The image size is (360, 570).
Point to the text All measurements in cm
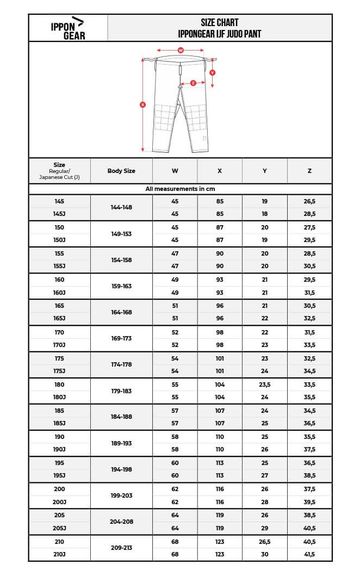(180, 188)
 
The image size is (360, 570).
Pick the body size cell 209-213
(122, 547)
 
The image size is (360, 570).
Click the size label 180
(46, 384)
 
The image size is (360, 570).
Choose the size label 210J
(46, 554)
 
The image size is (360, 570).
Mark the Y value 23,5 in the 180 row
(264, 384)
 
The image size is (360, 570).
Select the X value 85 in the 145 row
(219, 201)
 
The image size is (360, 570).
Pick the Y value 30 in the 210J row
(264, 554)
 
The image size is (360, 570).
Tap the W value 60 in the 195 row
(175, 462)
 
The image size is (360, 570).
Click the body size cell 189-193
(122, 443)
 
